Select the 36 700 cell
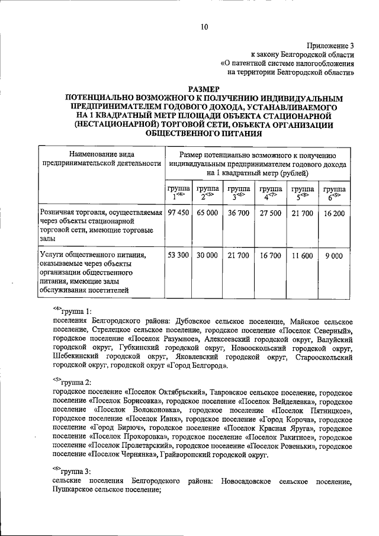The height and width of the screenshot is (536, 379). tap(239, 212)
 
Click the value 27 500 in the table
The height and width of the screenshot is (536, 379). tap(271, 212)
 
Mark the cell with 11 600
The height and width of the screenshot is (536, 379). tap(302, 255)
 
